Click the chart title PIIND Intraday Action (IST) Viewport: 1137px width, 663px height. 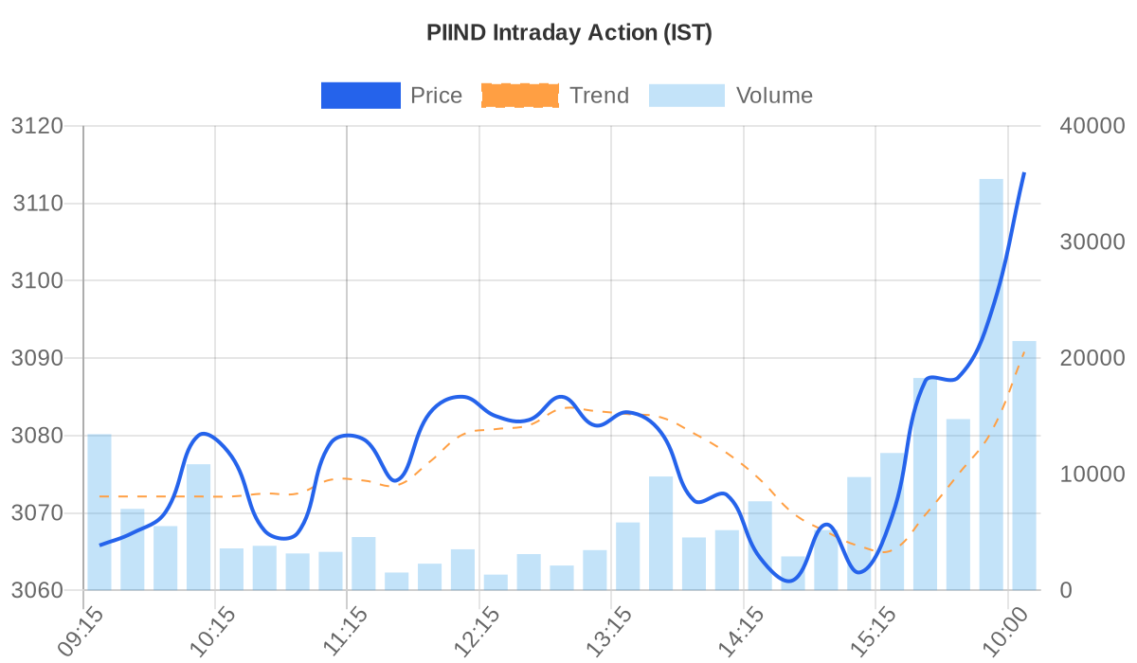[568, 33]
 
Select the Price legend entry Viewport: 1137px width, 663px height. [391, 96]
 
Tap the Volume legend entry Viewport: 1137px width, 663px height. [730, 96]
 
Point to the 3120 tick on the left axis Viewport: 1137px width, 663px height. [36, 126]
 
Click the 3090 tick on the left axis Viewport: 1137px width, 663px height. [36, 358]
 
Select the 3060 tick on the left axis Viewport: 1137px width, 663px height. [36, 590]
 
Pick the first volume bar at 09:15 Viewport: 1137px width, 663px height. [99, 511]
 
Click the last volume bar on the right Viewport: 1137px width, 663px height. [1024, 465]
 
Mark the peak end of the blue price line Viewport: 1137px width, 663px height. [1024, 173]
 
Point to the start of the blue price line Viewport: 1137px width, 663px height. [99, 546]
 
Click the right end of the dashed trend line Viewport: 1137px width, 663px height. [1024, 351]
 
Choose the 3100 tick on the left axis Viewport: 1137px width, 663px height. [36, 280]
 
